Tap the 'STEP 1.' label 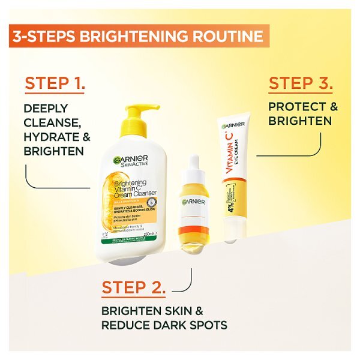click(x=55, y=84)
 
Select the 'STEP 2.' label click(x=133, y=287)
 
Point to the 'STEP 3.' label click(x=301, y=83)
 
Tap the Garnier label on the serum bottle click(x=194, y=202)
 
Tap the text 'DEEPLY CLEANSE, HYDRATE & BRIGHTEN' click(x=56, y=130)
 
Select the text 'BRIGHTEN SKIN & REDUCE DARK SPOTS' click(x=164, y=318)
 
